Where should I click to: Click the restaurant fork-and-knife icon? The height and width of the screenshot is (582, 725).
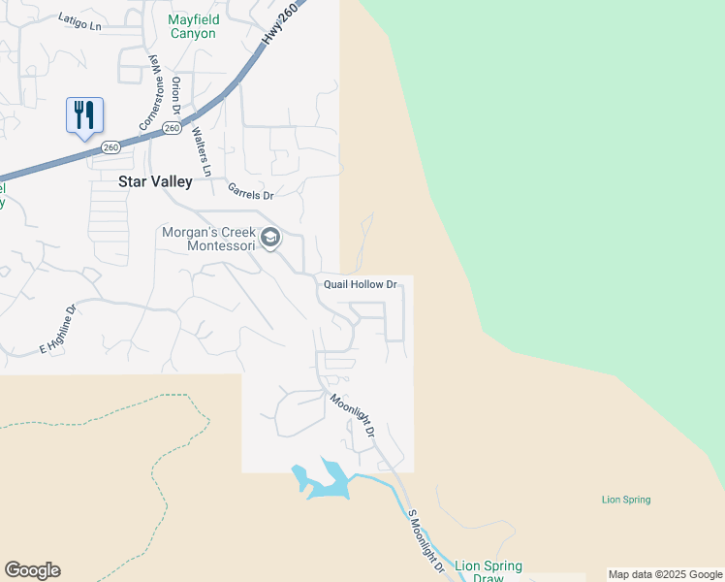coord(84,115)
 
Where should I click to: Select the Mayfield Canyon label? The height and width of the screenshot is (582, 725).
coord(193,26)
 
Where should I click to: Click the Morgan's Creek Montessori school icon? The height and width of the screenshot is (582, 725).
coord(271,238)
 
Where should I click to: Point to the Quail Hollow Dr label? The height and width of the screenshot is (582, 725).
coord(360,284)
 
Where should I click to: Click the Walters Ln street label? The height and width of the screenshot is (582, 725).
coord(201,149)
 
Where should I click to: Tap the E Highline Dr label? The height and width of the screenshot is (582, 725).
coord(58,331)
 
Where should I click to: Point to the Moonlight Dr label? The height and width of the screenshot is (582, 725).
coord(352,415)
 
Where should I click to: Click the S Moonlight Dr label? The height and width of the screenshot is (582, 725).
coord(426,541)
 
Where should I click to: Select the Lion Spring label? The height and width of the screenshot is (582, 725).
coord(626,500)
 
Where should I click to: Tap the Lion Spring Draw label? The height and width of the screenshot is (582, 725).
coord(489,571)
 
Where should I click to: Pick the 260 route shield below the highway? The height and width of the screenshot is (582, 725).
coord(172,127)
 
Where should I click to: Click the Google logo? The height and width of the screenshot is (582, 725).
coord(32,570)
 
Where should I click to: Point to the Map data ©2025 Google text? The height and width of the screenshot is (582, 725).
coord(665,574)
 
